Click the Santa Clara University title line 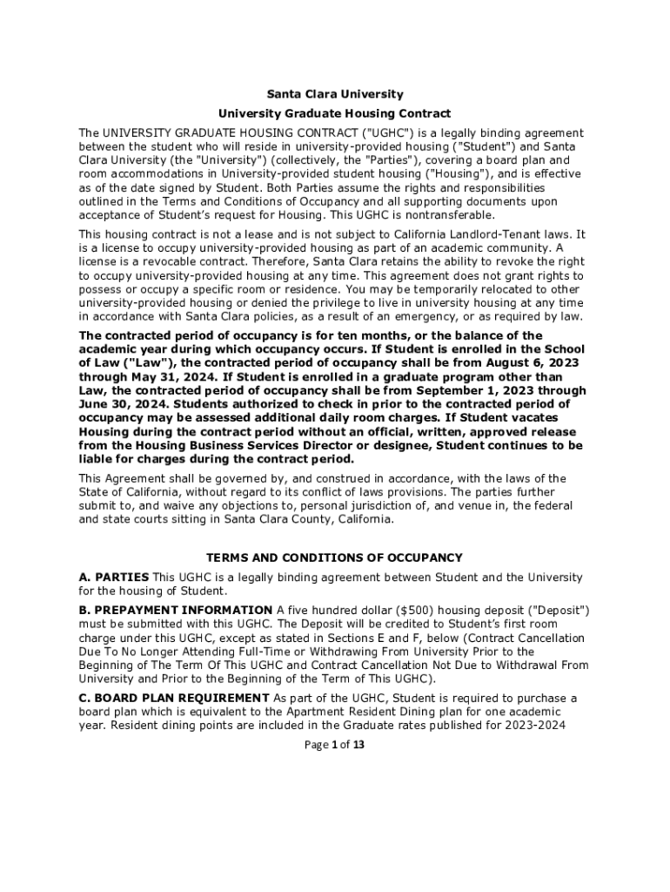334,93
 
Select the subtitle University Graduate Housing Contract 334,113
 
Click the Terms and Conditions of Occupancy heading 334,557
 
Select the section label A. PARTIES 114,577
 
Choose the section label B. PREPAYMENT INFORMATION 176,610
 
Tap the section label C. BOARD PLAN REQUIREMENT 174,698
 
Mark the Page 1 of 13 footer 334,745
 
